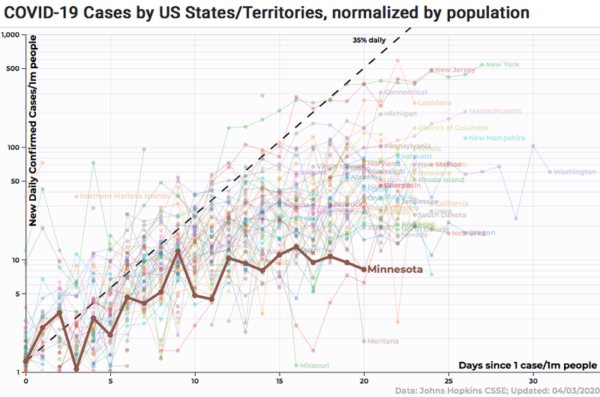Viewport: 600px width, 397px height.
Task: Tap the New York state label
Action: coord(502,64)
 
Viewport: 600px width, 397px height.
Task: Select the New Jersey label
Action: coord(455,70)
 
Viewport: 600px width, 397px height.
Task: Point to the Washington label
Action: coord(575,172)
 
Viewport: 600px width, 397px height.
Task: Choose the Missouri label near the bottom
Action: coord(314,366)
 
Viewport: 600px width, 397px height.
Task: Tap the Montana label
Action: coord(382,341)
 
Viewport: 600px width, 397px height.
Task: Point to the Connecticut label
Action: coord(406,92)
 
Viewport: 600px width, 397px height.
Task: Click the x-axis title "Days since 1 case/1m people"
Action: coord(527,365)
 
